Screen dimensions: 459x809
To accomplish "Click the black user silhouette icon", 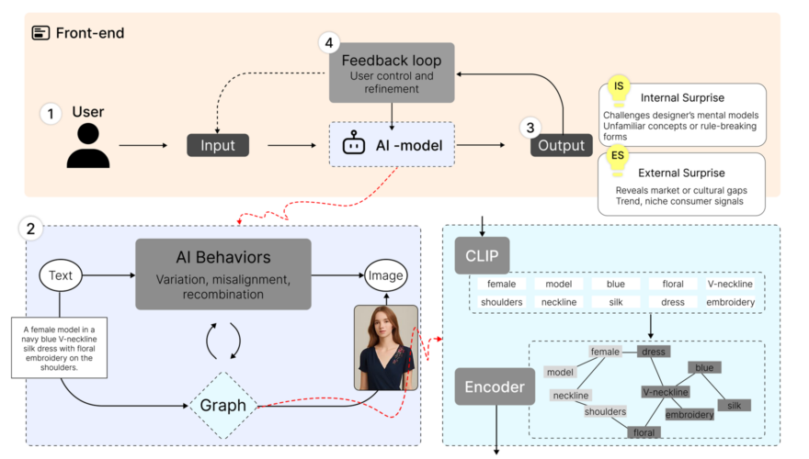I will tap(88, 145).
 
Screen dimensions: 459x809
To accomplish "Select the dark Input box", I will tap(218, 145).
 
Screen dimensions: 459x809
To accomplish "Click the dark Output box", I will tap(561, 145).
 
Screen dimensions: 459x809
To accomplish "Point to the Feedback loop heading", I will tap(391, 61).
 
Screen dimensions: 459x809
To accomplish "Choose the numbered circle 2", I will tap(31, 229).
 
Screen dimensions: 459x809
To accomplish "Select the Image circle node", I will tap(386, 274).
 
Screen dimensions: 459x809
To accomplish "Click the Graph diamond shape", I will tap(223, 405).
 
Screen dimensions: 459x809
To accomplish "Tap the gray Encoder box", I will tap(495, 386).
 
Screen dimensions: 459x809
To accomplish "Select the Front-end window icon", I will tap(41, 32).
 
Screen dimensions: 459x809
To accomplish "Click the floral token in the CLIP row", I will tap(672, 285).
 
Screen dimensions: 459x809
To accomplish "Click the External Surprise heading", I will tap(681, 173).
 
